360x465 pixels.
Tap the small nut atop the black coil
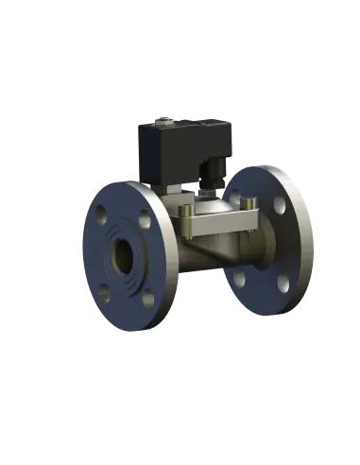166,119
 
